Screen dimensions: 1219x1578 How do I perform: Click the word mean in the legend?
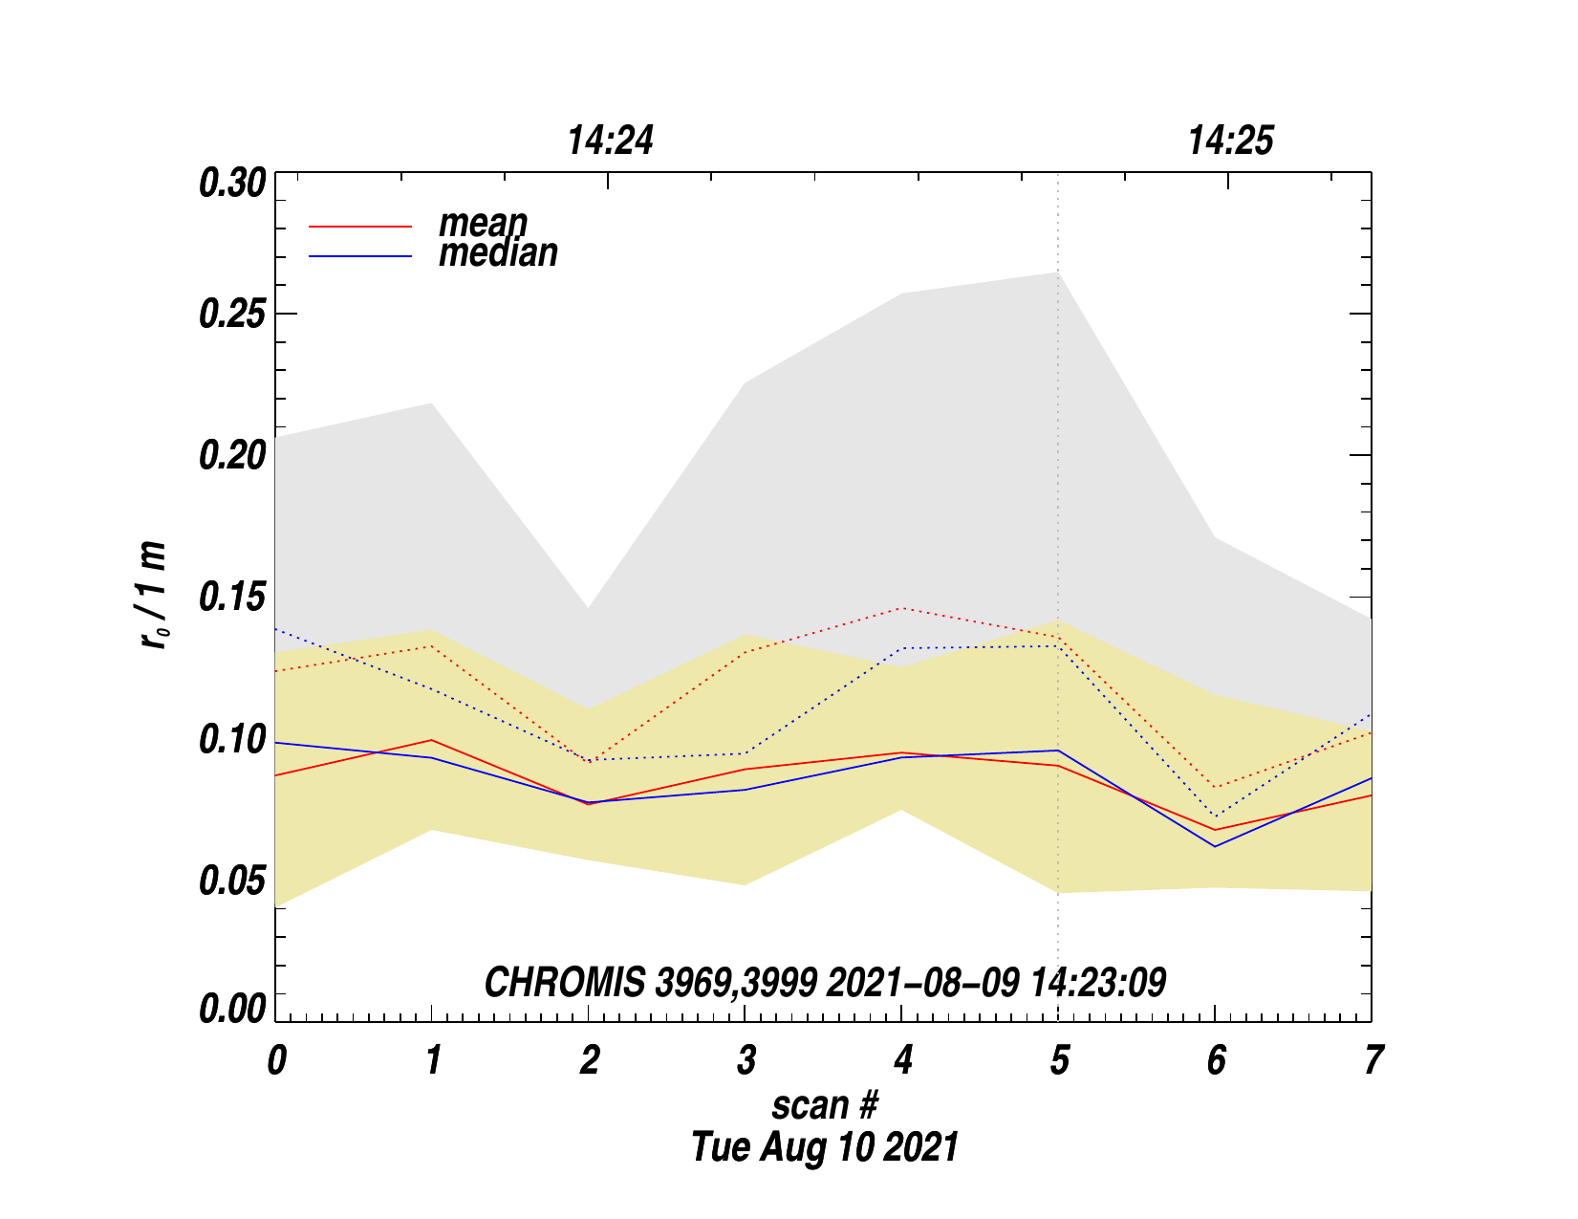pos(483,223)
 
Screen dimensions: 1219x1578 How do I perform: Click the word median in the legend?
pos(498,253)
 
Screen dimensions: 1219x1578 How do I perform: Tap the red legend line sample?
pos(360,227)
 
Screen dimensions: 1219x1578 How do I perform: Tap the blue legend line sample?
pos(360,256)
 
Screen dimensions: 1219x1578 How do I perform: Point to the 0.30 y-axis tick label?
pos(231,183)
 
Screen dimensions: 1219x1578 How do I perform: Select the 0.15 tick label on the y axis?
pos(231,598)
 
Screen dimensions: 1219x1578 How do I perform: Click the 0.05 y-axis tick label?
pos(231,882)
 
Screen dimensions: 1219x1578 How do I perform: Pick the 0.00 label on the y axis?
pos(231,1009)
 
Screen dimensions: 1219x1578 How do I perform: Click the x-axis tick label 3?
pos(746,1060)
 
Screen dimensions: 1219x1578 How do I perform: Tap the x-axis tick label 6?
pos(1216,1060)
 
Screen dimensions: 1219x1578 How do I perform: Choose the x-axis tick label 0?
pos(276,1060)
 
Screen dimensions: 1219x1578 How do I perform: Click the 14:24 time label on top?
pos(611,141)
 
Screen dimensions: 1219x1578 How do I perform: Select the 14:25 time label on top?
pos(1230,141)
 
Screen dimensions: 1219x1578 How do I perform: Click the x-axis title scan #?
pos(824,1105)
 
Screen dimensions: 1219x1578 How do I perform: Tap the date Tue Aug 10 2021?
pos(824,1147)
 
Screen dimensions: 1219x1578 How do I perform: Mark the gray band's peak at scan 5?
pos(1058,272)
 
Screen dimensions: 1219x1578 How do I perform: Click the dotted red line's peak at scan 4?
pos(902,608)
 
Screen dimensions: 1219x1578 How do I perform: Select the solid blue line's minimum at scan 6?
pos(1215,846)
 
